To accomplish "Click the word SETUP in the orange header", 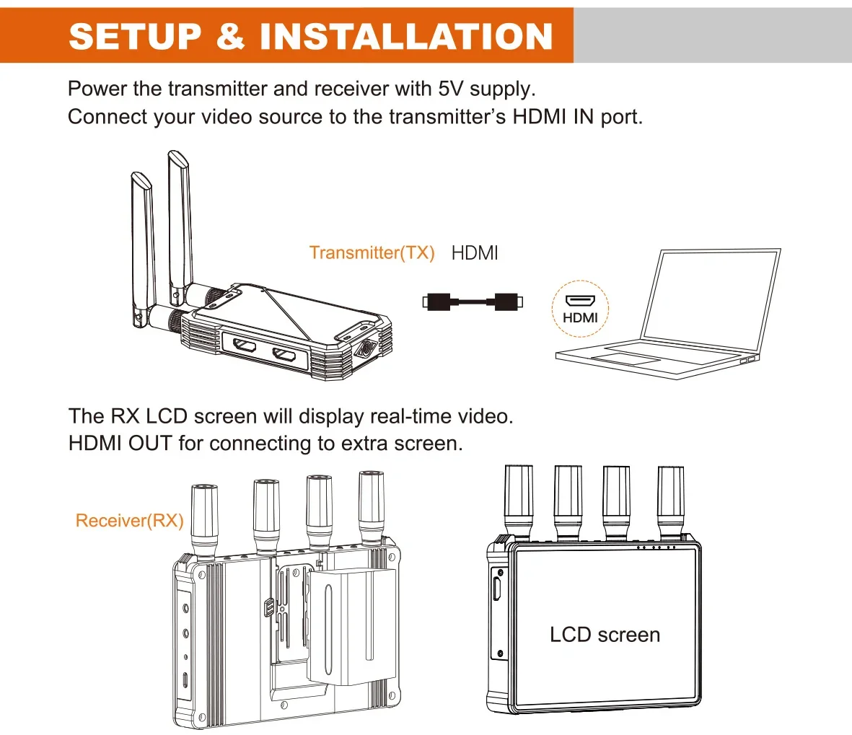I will pyautogui.click(x=135, y=36).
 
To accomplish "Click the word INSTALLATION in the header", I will pyautogui.click(x=405, y=36).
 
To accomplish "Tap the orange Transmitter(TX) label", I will pyautogui.click(x=372, y=252).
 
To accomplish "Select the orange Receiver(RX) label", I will pyautogui.click(x=129, y=521).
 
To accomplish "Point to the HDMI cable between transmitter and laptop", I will pyautogui.click(x=473, y=302).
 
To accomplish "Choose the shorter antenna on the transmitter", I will pyautogui.click(x=142, y=245).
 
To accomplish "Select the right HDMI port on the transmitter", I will pyautogui.click(x=284, y=355).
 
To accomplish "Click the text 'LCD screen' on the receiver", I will pyautogui.click(x=605, y=635).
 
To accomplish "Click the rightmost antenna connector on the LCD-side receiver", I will pyautogui.click(x=670, y=501).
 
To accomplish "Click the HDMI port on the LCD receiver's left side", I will pyautogui.click(x=497, y=586).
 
